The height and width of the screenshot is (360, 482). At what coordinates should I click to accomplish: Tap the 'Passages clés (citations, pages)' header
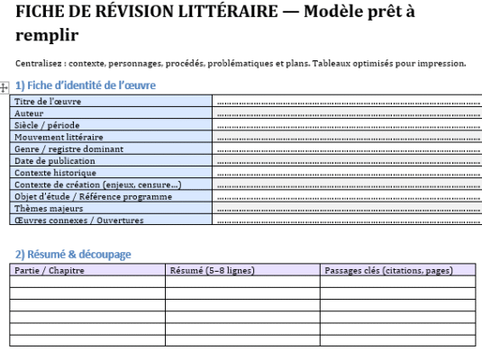(387, 269)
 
